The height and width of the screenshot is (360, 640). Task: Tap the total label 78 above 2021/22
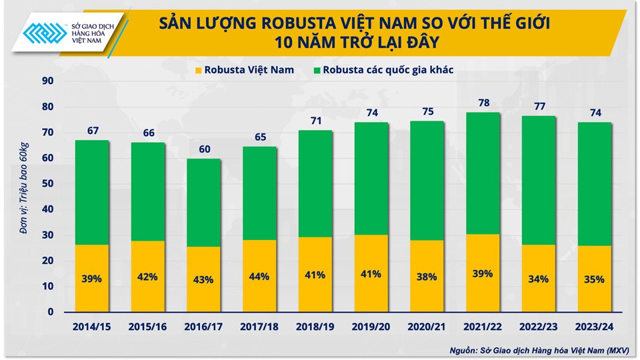tap(483, 103)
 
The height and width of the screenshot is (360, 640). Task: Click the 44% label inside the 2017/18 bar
tap(259, 276)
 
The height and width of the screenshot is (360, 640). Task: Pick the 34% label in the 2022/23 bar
tap(539, 279)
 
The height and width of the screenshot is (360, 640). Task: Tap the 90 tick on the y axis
tap(47, 81)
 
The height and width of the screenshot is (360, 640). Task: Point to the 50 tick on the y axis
tap(47, 184)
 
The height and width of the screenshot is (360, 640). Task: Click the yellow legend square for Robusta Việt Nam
tap(198, 69)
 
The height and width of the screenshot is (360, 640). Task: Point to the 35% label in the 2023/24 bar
tap(595, 279)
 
